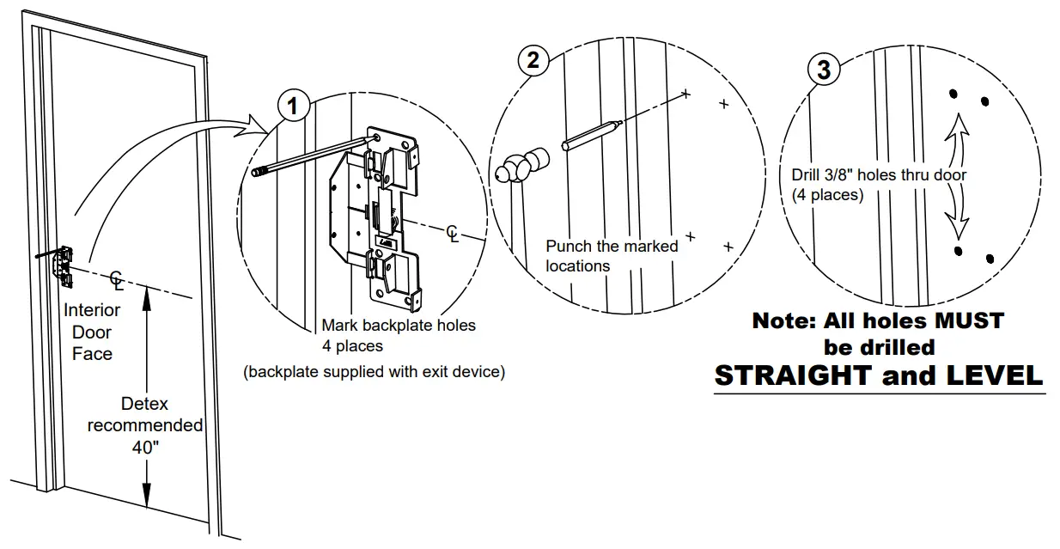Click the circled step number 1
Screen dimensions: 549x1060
[x=293, y=107]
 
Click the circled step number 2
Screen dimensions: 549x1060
[x=533, y=61]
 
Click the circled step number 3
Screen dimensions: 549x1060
[x=824, y=70]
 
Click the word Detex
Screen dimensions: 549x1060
[x=144, y=404]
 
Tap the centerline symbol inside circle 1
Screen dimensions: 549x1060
[x=453, y=234]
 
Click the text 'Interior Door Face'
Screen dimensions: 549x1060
[x=92, y=332]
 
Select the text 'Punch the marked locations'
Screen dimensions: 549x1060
[x=612, y=256]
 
